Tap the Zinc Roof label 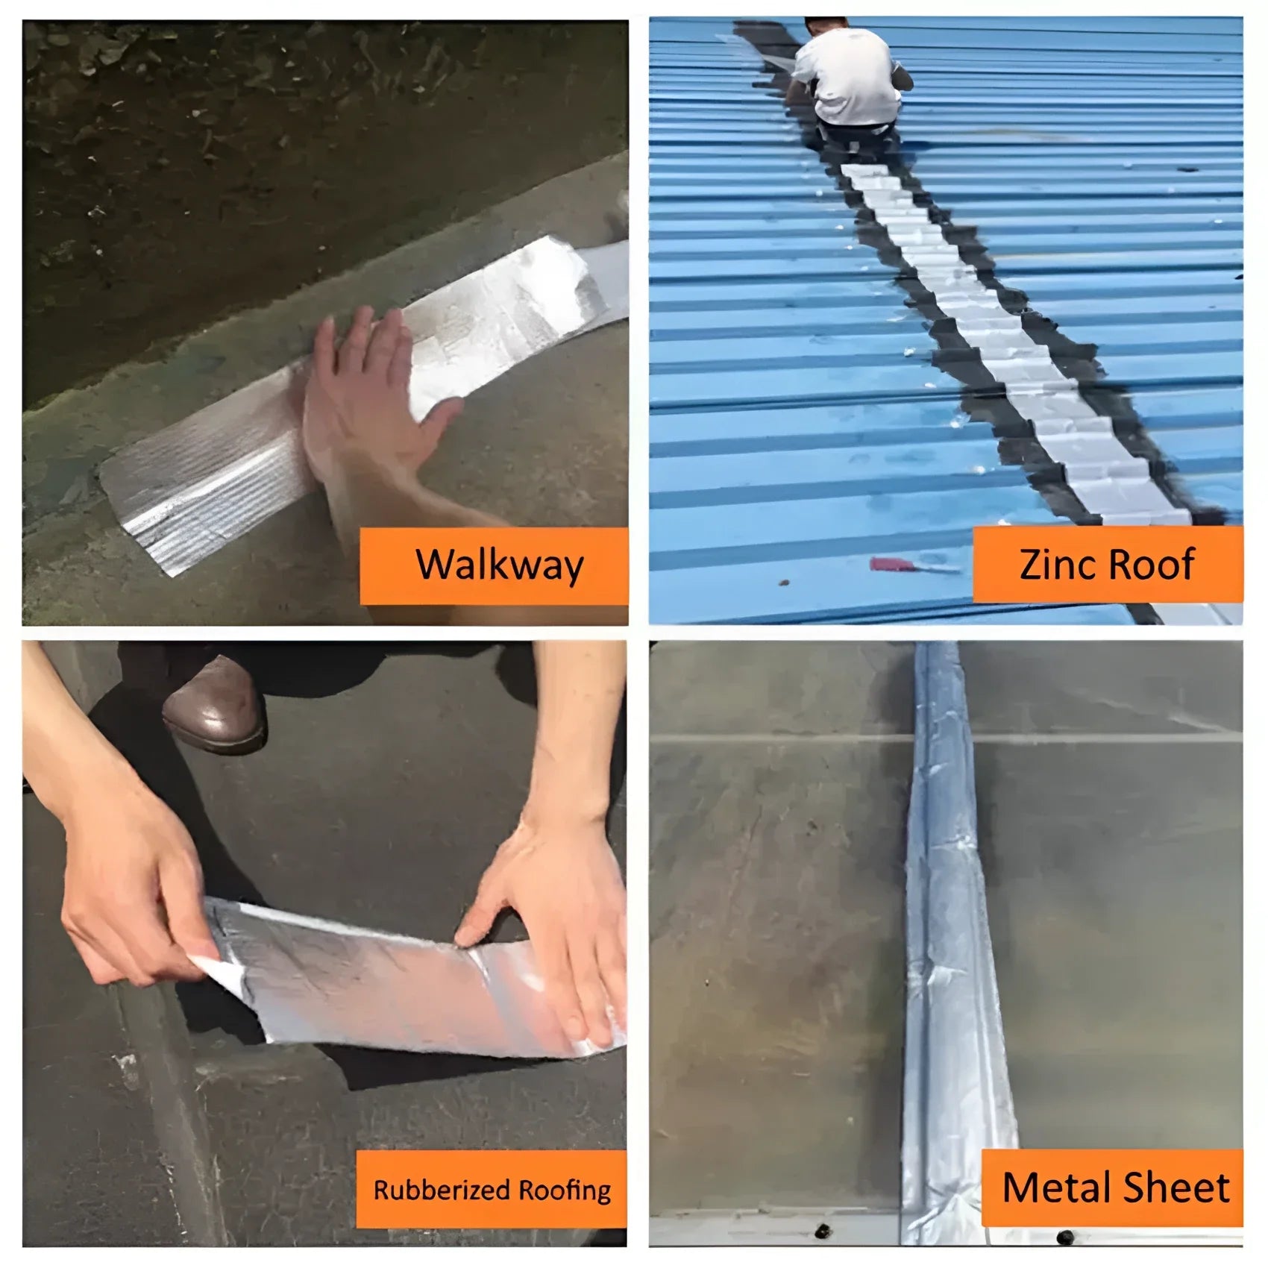tap(1108, 564)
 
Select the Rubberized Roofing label tap(492, 1189)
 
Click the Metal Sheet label tap(1112, 1188)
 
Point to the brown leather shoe tap(214, 704)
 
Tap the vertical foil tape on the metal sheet tap(947, 932)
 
